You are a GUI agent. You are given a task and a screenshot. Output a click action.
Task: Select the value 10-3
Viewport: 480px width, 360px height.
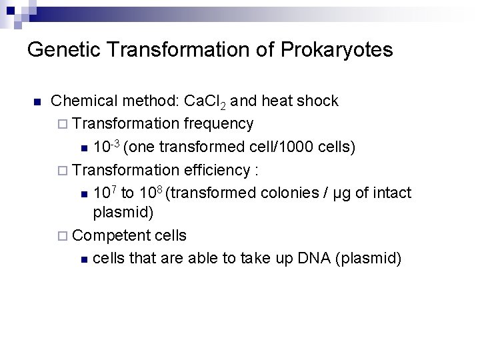[107, 146]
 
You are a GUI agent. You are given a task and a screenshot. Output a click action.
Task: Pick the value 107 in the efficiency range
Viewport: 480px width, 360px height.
[104, 193]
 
